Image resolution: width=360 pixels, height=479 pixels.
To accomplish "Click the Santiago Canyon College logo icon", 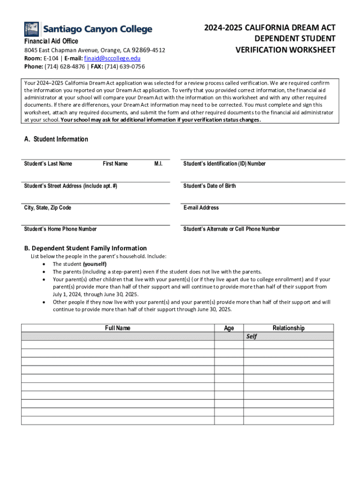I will pos(32,29).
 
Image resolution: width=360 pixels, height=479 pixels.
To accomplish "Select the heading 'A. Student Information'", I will pos(56,139).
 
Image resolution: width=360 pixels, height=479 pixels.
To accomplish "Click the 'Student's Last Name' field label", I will pos(48,164).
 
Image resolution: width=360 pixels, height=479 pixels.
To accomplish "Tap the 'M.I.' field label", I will pos(158,164).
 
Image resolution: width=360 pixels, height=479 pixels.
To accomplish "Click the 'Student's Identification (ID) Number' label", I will pos(224,164).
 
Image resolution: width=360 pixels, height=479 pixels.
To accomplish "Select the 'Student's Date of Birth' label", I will pos(209,186).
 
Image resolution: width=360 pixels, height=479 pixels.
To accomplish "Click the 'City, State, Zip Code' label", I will pos(48,208).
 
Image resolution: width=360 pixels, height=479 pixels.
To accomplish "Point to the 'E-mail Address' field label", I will pos(201,208).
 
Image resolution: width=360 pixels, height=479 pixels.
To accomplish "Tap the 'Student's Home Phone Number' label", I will pos(60,229).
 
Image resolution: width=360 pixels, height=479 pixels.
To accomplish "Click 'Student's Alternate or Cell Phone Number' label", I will pos(231,229).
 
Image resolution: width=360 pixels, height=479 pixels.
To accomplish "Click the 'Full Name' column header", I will pos(118,328).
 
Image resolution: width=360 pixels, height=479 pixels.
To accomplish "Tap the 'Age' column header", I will pos(229,328).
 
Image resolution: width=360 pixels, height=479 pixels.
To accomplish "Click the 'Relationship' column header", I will pos(288,328).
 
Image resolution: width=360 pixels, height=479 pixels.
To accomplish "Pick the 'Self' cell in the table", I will pos(252,336).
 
